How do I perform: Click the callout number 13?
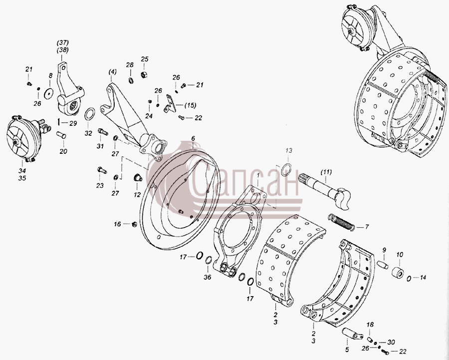[289, 151]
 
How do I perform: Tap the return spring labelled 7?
[341, 222]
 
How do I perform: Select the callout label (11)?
[326, 172]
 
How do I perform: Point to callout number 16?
[117, 224]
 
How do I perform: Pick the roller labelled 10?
[398, 273]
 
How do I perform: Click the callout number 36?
[208, 277]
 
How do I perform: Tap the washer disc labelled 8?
[49, 93]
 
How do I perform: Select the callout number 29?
[73, 123]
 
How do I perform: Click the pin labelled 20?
[61, 134]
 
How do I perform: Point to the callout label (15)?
[190, 105]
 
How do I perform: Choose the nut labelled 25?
[144, 75]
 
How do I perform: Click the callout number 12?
[137, 195]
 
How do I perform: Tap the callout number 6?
[193, 138]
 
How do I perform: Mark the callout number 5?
[347, 350]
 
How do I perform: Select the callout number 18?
[370, 325]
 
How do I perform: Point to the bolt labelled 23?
[102, 170]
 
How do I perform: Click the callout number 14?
[423, 278]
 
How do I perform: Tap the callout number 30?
[391, 342]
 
